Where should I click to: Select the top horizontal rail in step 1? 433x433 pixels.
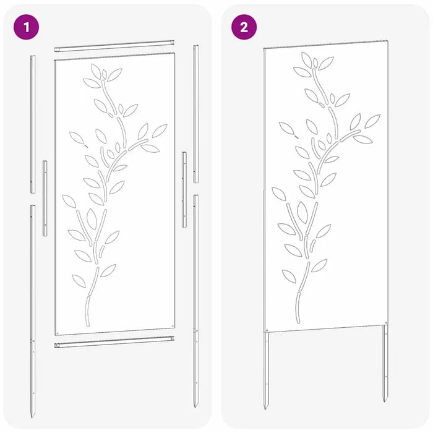pyautogui.click(x=114, y=46)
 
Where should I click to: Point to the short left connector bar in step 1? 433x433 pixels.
pyautogui.click(x=45, y=198)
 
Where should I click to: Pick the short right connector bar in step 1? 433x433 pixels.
pyautogui.click(x=184, y=189)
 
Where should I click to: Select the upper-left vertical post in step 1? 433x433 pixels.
pyautogui.click(x=33, y=124)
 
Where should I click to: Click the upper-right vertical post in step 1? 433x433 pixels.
pyautogui.click(x=196, y=114)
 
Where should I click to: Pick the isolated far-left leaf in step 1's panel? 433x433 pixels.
pyautogui.click(x=77, y=138)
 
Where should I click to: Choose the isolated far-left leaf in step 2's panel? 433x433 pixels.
pyautogui.click(x=286, y=128)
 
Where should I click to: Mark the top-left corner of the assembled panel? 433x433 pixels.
pyautogui.click(x=264, y=48)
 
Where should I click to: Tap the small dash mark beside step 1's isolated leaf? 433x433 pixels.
pyautogui.click(x=86, y=146)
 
